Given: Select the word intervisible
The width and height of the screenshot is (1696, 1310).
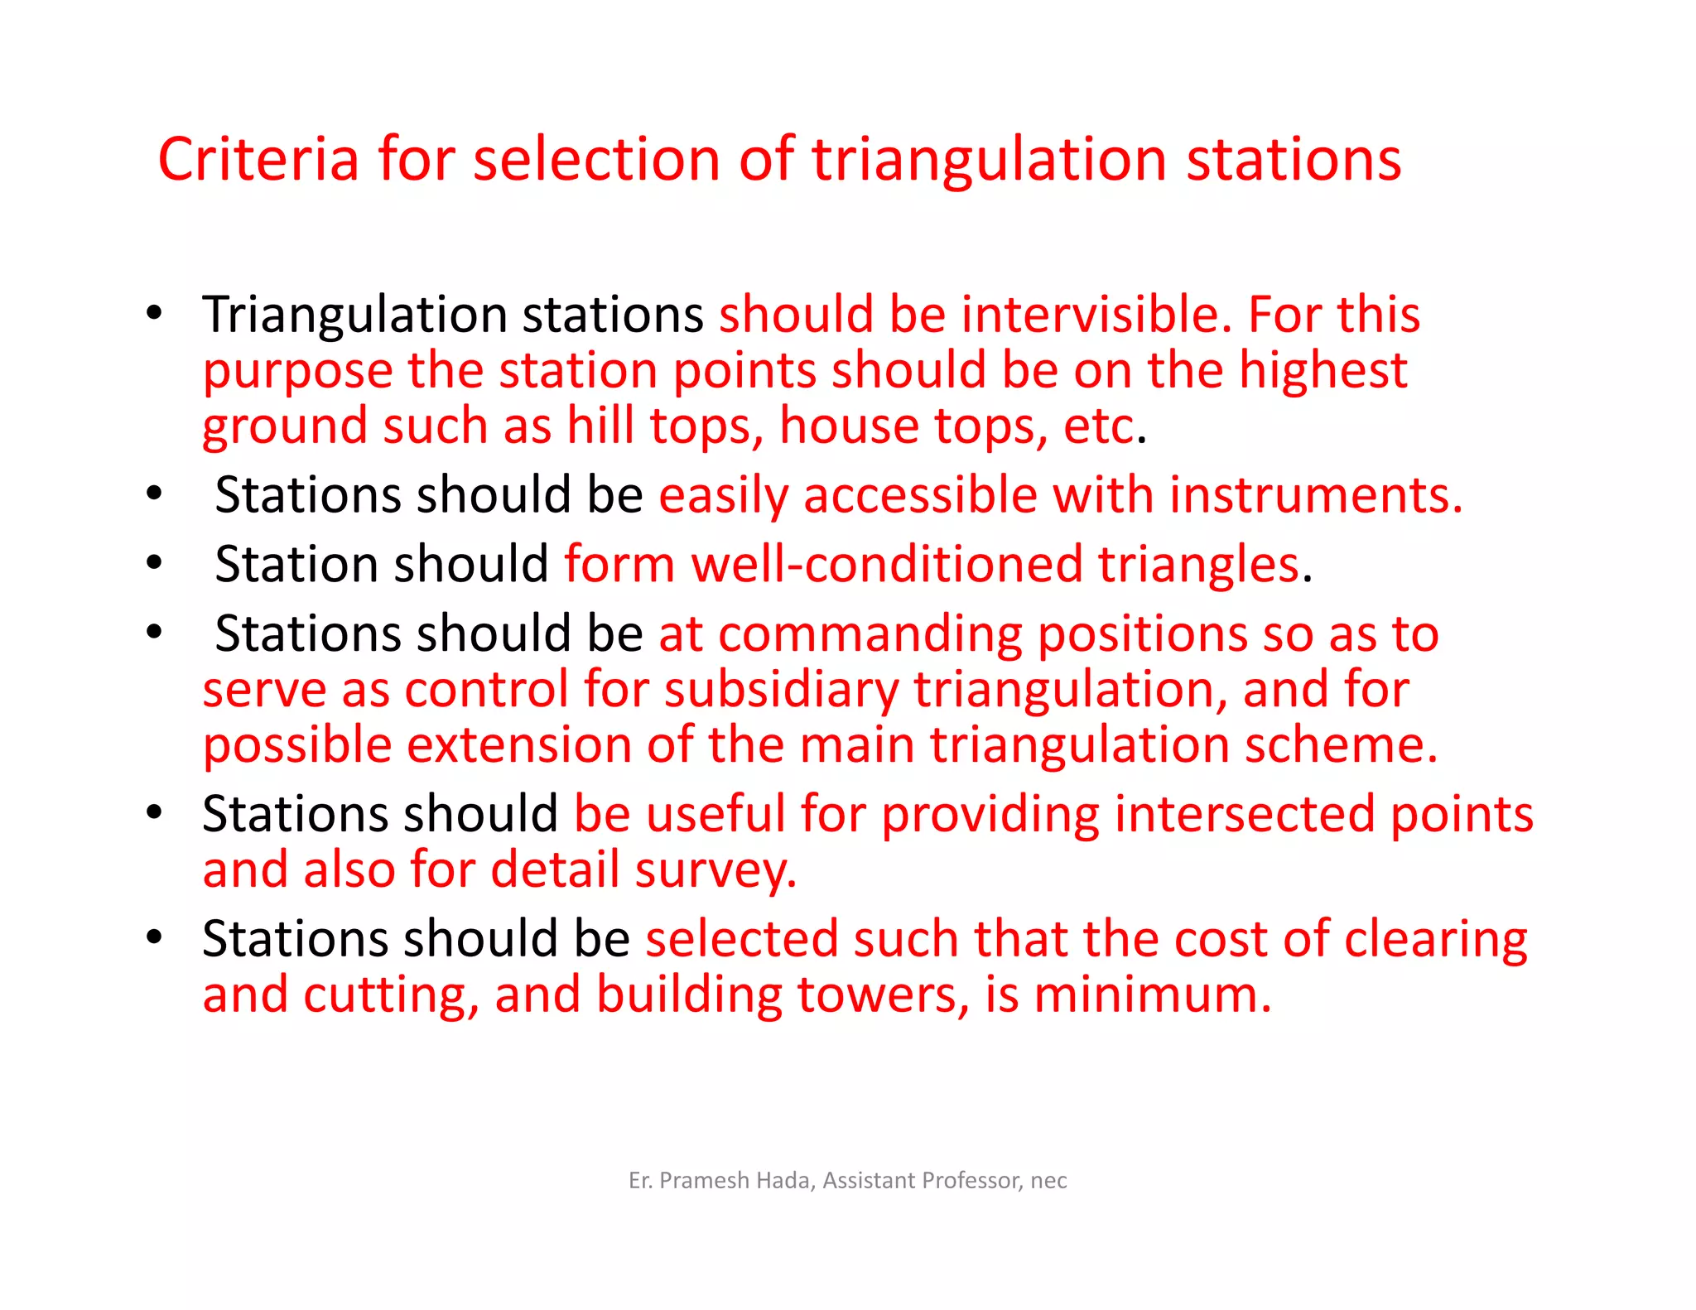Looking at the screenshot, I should [1091, 315].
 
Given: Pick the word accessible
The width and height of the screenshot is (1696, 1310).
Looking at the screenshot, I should [920, 495].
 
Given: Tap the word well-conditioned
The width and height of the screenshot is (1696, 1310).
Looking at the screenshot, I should [887, 565].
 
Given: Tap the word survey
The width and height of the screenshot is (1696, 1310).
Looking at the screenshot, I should [715, 870].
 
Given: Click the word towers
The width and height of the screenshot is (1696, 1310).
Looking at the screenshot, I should [883, 995].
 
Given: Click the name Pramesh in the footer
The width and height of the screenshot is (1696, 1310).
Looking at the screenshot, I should [704, 1180].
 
